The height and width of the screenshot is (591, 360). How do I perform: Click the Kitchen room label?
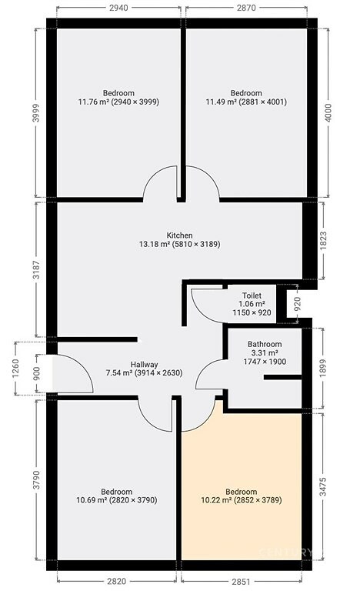(x=179, y=235)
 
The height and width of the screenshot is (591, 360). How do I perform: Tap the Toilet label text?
(x=252, y=295)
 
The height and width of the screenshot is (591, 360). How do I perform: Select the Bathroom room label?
(x=265, y=344)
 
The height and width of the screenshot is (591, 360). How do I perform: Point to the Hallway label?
(x=145, y=365)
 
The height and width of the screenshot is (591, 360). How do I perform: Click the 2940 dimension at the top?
(x=118, y=8)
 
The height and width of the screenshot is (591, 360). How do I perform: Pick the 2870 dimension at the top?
(x=246, y=8)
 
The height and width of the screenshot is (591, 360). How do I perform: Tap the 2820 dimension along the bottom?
(x=116, y=582)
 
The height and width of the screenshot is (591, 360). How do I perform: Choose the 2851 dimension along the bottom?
(x=241, y=582)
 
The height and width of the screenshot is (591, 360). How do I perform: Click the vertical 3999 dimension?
(x=36, y=112)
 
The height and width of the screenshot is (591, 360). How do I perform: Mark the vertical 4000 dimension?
(x=328, y=112)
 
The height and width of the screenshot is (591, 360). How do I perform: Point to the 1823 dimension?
(x=323, y=240)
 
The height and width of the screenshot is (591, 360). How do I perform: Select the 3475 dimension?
(x=323, y=486)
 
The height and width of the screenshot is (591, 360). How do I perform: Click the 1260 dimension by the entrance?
(x=15, y=369)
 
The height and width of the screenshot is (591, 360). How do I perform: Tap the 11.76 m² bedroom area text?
(x=93, y=102)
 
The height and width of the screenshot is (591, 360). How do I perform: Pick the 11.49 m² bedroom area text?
(x=221, y=102)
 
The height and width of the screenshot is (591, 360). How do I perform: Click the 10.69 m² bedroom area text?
(x=92, y=500)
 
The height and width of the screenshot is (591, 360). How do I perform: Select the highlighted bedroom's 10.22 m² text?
(x=216, y=500)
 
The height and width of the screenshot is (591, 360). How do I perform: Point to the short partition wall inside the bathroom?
(x=282, y=377)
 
